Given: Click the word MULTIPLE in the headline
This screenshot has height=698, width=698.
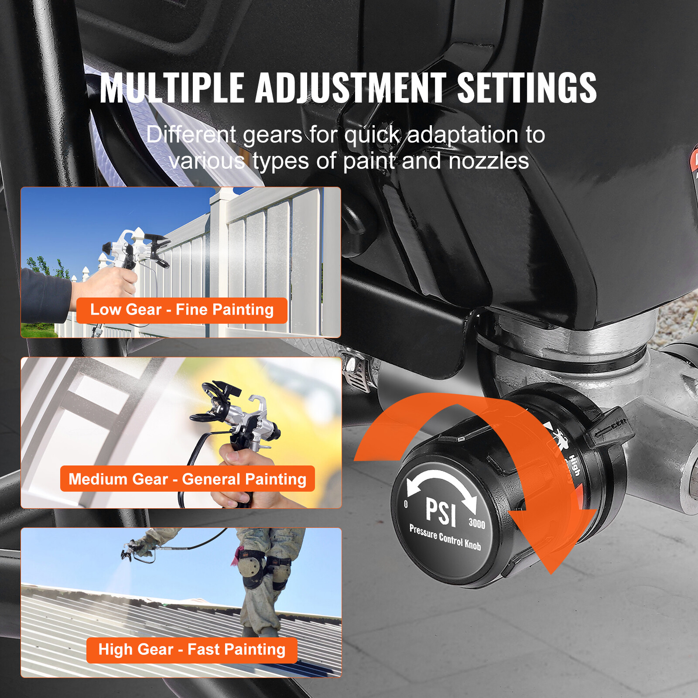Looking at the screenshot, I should (x=171, y=88).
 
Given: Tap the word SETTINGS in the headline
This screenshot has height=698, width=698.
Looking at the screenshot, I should (x=527, y=88).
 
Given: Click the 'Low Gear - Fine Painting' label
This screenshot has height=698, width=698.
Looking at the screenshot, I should (x=181, y=310).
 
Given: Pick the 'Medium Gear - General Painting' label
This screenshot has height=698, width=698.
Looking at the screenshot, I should (x=187, y=479).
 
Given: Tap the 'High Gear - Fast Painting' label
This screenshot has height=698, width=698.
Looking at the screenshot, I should (x=192, y=650).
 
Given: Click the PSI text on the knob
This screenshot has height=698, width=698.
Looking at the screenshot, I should (x=441, y=511).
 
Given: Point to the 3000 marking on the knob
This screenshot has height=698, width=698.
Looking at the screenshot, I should (x=476, y=523).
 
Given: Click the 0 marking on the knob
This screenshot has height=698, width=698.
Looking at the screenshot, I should (x=406, y=504).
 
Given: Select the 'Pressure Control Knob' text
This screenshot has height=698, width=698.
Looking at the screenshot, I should (x=445, y=537).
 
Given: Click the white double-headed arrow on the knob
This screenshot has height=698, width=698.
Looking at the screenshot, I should (x=441, y=484).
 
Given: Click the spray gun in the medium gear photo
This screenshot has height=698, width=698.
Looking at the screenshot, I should (x=236, y=419).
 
